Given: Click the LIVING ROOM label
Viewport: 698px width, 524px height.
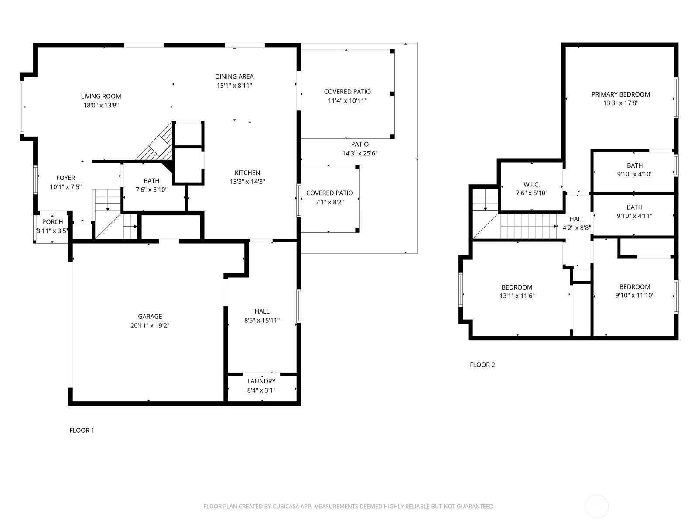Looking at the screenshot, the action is click(x=101, y=96).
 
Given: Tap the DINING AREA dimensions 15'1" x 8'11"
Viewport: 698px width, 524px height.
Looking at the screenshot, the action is click(x=234, y=86).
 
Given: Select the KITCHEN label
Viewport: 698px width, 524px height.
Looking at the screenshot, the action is click(x=247, y=173).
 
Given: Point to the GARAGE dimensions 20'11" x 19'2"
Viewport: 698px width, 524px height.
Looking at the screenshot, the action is click(x=150, y=325).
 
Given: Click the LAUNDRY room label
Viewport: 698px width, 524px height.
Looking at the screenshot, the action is click(x=261, y=381).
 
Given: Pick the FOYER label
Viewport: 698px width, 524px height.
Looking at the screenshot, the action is click(x=66, y=178).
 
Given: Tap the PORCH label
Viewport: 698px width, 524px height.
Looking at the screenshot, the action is click(x=52, y=222).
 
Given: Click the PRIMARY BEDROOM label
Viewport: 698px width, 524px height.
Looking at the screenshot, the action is click(x=621, y=94).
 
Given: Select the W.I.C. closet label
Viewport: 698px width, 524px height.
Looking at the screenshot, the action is click(x=532, y=185).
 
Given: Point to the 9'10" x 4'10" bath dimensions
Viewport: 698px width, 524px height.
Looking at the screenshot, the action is click(x=635, y=174).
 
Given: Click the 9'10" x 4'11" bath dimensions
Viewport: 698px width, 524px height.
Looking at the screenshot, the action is click(x=634, y=216).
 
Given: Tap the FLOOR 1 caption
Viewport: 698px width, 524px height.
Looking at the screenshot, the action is click(x=82, y=431).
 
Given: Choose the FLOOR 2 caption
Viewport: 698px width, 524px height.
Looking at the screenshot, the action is click(x=482, y=365).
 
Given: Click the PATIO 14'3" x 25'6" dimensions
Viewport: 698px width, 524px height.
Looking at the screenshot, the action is click(x=359, y=153).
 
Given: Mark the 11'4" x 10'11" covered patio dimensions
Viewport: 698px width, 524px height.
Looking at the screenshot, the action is click(x=347, y=101).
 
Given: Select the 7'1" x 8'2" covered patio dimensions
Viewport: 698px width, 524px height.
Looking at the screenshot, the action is click(x=329, y=202).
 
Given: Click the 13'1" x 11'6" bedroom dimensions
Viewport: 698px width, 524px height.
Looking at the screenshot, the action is click(x=517, y=296).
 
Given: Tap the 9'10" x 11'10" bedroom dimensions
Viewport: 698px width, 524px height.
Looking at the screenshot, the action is click(x=635, y=295).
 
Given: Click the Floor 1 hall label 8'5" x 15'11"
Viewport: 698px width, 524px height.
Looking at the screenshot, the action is click(x=262, y=321).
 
